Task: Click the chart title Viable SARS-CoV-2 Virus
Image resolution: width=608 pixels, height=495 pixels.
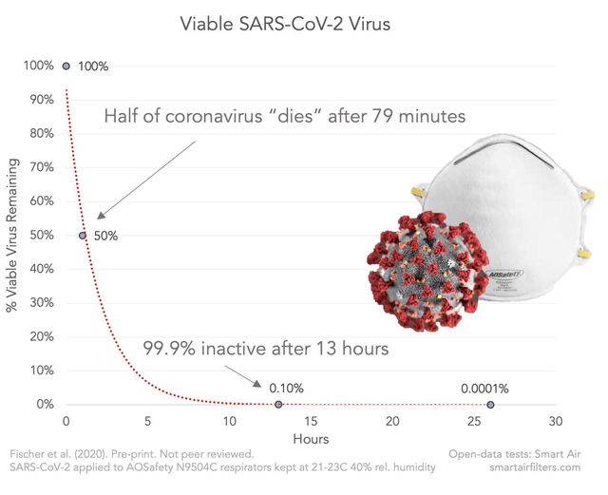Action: coord(284,23)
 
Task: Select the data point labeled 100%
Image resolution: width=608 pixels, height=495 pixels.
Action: coord(66,66)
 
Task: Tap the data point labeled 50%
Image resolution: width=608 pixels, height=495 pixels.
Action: coord(82,236)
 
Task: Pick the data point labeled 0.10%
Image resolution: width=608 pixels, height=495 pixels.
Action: coord(278,405)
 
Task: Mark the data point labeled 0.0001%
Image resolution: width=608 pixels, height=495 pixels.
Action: coord(490,405)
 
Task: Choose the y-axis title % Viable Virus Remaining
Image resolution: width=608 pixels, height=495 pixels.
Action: coord(12,236)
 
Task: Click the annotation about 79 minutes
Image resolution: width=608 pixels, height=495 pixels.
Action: coord(284,118)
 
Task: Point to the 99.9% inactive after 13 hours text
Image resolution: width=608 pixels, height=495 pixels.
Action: coord(265,349)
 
